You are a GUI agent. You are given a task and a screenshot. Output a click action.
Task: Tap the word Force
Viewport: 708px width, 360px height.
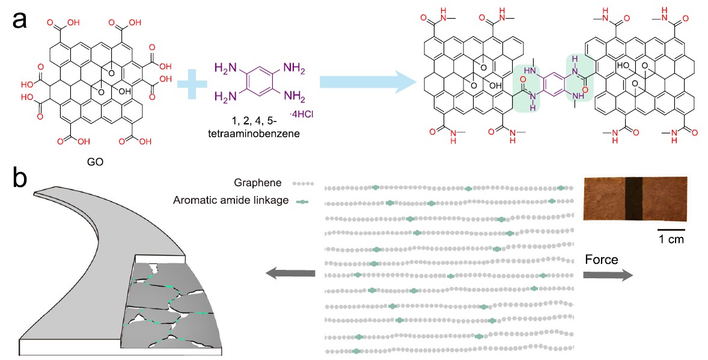click(602, 259)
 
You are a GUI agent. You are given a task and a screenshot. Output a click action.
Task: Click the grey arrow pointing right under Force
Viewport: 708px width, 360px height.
click(607, 275)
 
